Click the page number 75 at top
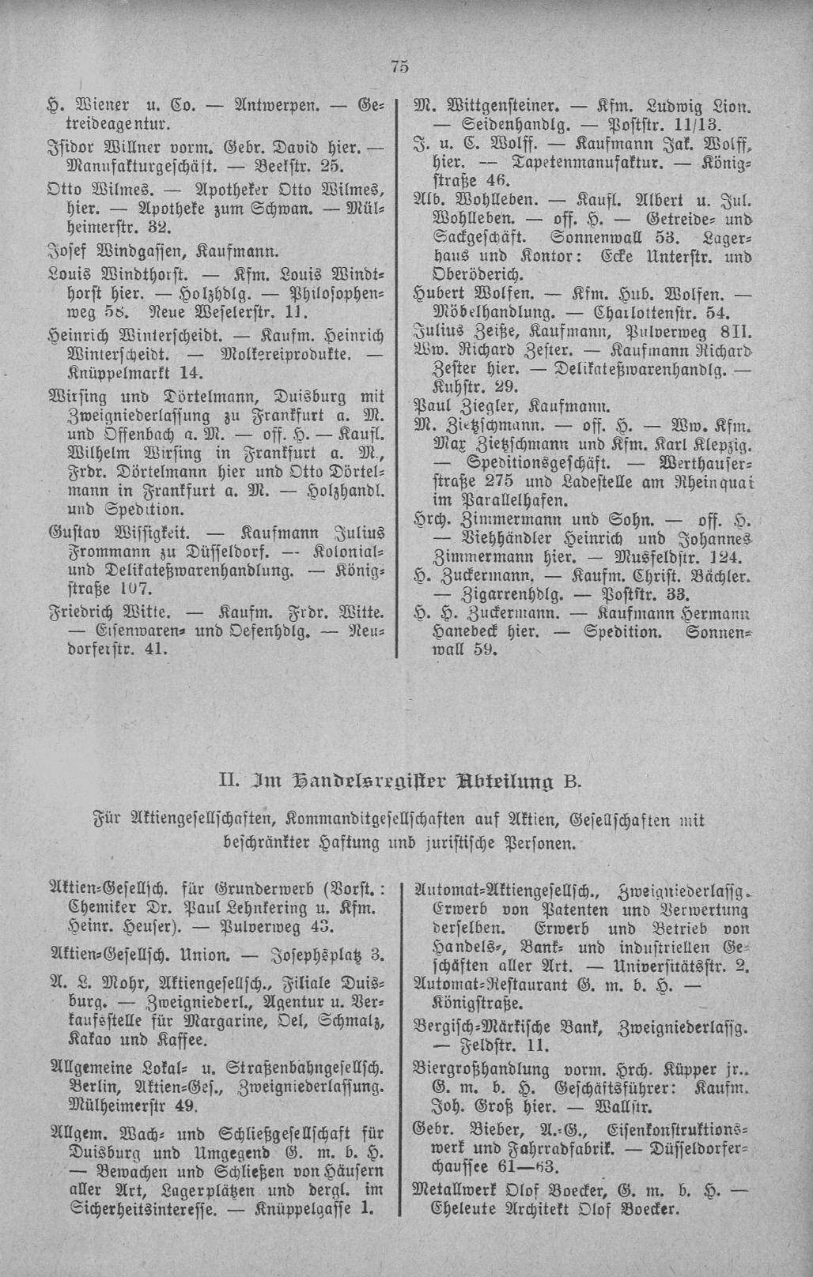tap(399, 68)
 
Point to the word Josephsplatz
tap(314, 955)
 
